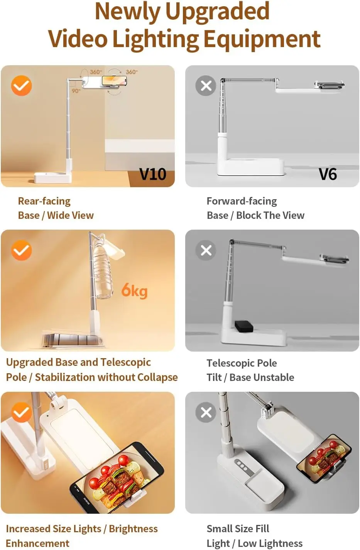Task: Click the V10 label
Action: [153, 174]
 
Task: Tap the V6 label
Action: [328, 174]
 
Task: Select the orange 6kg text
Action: [135, 291]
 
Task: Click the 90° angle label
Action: [76, 91]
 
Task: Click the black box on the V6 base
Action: [244, 326]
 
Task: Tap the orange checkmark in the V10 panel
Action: [21, 85]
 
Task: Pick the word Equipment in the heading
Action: [262, 39]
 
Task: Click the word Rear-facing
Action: [44, 201]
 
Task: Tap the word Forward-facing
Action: [242, 201]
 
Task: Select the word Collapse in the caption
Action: [157, 377]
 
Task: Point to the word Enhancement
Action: [37, 543]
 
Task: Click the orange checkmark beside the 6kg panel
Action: [21, 250]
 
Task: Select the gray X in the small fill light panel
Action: [206, 412]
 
